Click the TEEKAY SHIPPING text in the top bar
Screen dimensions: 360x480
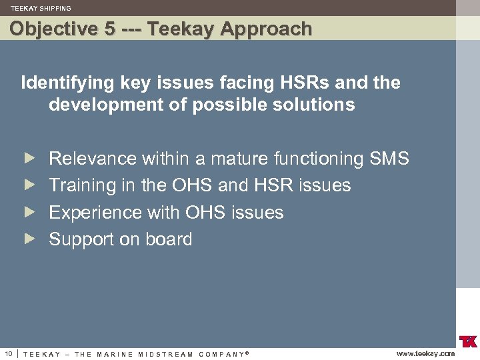[x=41, y=9]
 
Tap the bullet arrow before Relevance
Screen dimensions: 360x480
[x=29, y=159]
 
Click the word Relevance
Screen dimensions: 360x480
[x=93, y=159]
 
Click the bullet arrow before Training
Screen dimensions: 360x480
[x=29, y=185]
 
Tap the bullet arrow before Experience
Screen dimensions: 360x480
[x=29, y=213]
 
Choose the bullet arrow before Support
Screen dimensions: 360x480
[x=29, y=239]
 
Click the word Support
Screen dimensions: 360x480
[x=81, y=239]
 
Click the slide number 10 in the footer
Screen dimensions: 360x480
[x=8, y=353]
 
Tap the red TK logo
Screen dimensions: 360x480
[x=468, y=341]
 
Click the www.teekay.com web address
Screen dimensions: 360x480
[x=425, y=353]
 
